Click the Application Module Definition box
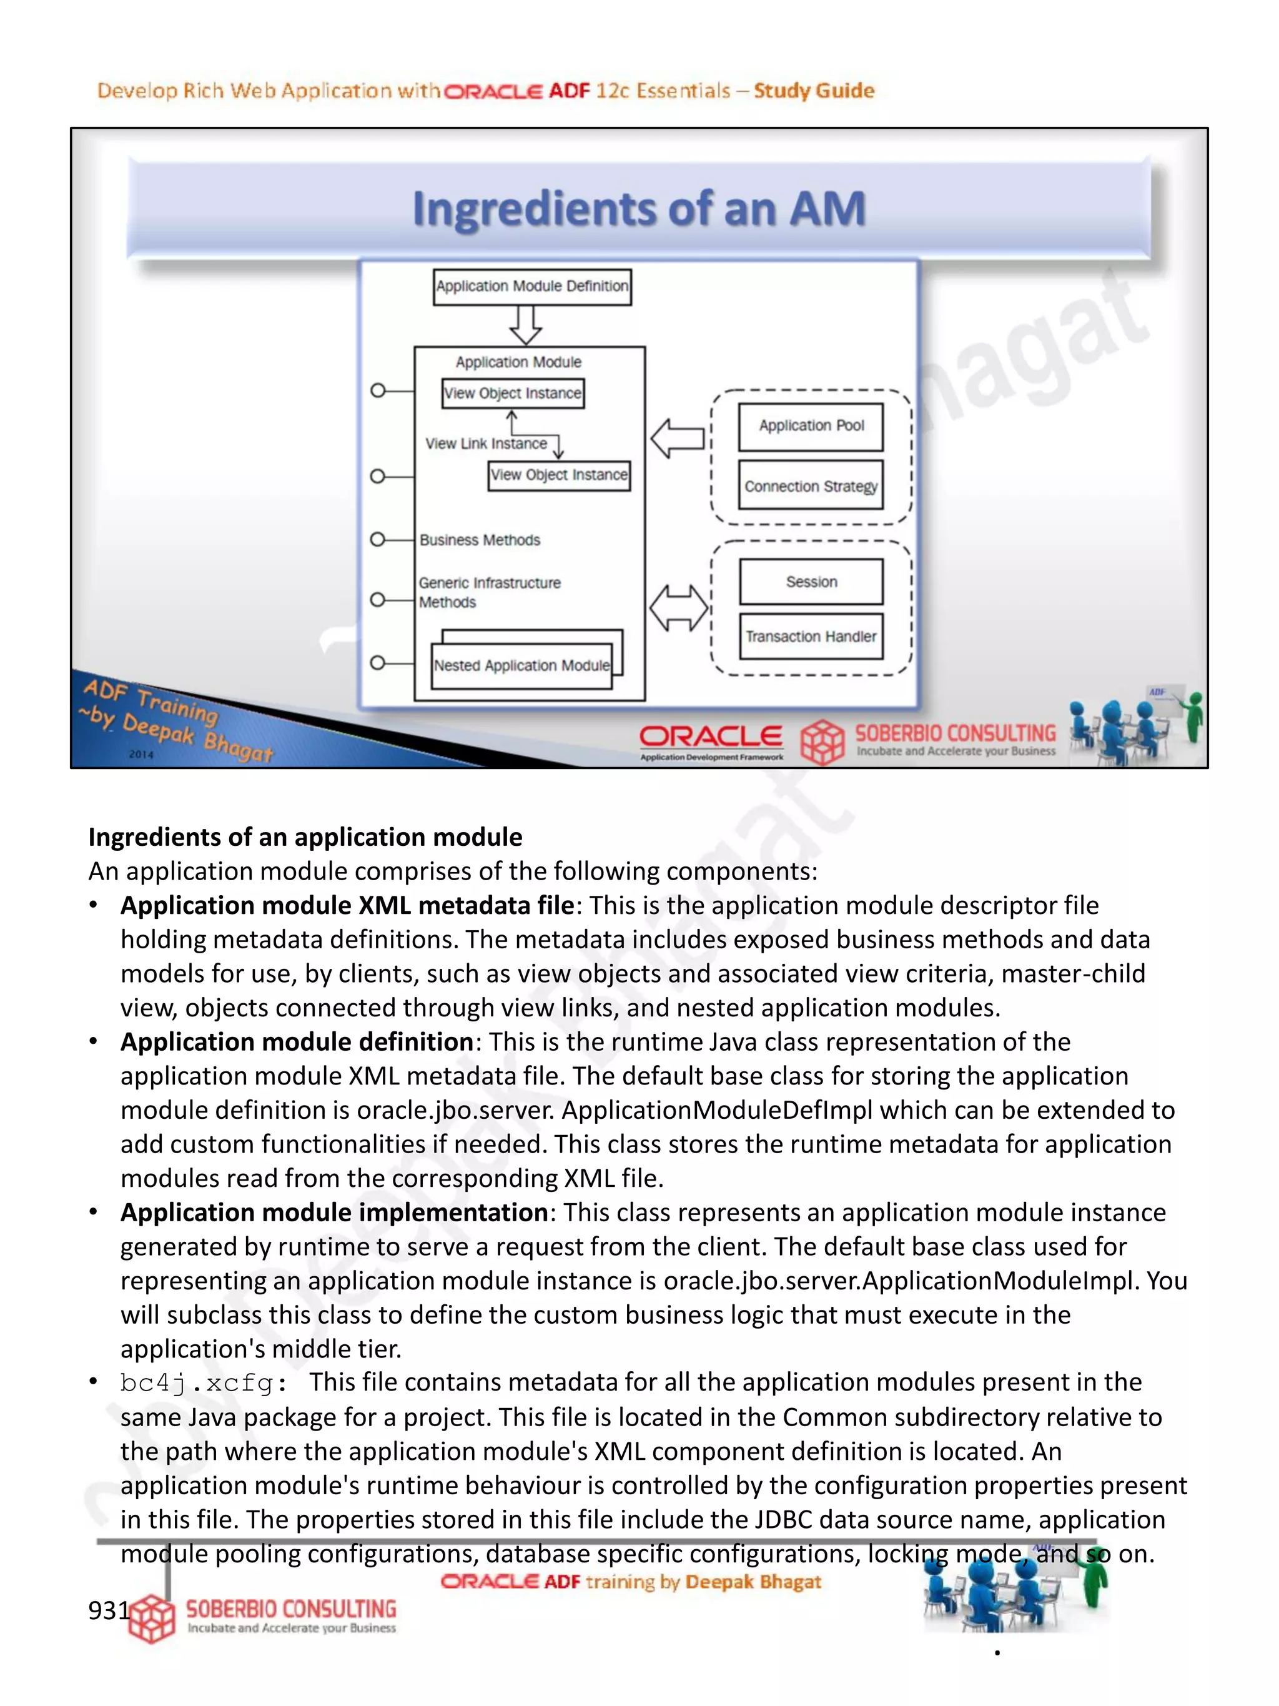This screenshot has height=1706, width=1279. point(532,287)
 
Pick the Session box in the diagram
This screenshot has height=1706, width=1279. point(811,582)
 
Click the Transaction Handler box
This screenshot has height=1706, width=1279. point(811,637)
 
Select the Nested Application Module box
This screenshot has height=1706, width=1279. point(522,665)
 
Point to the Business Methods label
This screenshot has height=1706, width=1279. point(480,540)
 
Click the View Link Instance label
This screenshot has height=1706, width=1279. point(486,444)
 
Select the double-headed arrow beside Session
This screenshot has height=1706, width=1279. point(678,608)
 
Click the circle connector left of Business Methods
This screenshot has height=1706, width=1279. point(378,539)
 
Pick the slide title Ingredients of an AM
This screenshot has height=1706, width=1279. point(638,209)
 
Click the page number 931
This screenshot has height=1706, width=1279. point(108,1610)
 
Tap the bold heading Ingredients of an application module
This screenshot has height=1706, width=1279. point(305,837)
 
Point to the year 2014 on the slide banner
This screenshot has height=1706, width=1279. point(141,754)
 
